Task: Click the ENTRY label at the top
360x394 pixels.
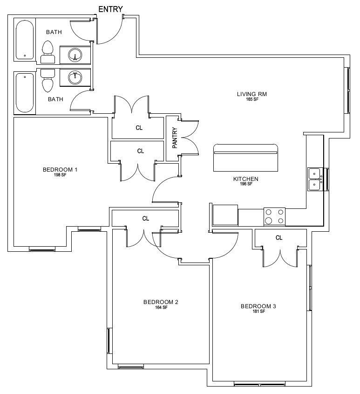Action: pos(110,9)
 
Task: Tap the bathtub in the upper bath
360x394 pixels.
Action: pos(25,40)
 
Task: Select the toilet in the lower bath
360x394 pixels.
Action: pos(48,81)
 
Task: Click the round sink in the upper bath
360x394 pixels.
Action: pos(75,55)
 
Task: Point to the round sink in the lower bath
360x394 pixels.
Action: pos(75,78)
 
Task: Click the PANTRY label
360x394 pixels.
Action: pos(175,138)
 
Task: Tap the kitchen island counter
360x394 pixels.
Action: pos(245,158)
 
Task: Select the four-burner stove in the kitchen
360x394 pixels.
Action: pos(274,216)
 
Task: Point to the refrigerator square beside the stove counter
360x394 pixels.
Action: pos(225,215)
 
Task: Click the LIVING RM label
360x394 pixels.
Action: pos(252,94)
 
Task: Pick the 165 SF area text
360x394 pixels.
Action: pos(252,99)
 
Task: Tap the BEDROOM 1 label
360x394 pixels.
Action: pos(60,170)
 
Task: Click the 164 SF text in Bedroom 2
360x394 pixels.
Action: pos(161,307)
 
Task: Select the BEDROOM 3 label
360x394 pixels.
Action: pos(258,306)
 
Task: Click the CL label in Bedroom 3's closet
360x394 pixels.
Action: pos(279,238)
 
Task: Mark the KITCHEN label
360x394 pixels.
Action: pos(246,179)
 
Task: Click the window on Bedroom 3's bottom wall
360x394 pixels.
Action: pos(259,384)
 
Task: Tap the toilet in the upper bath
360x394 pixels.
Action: pos(48,52)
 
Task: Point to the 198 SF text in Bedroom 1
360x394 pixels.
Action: pos(60,175)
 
